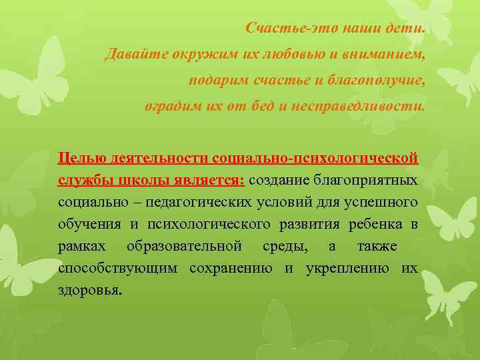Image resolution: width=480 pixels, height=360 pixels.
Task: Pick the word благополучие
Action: click(374, 80)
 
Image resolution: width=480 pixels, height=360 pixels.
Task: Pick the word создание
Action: click(276, 180)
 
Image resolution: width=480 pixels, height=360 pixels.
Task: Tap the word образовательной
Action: click(184, 246)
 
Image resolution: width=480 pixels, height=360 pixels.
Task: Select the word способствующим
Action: click(117, 268)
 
